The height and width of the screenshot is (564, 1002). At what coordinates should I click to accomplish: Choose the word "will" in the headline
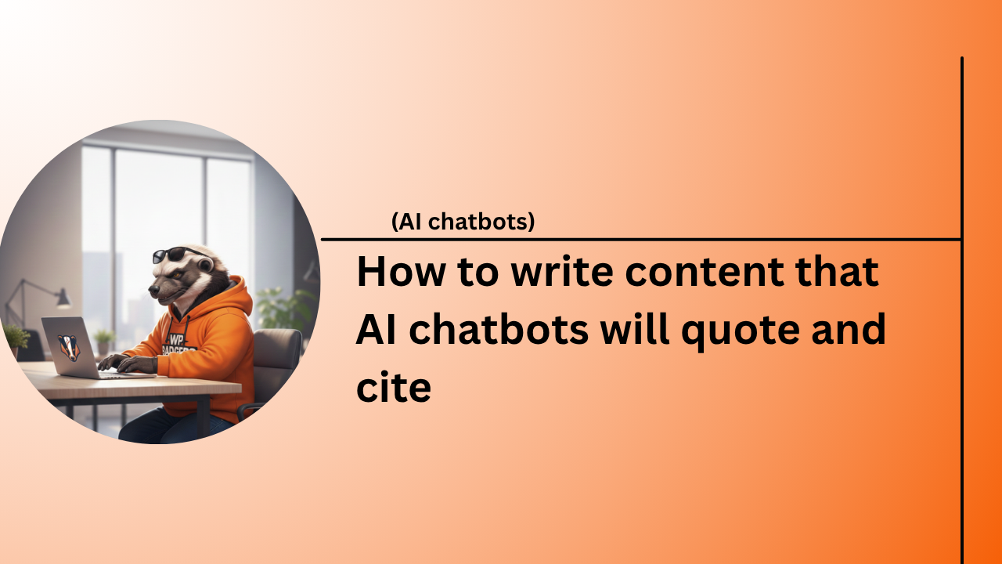[x=636, y=330]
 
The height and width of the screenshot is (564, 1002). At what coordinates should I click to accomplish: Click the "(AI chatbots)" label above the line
[x=463, y=222]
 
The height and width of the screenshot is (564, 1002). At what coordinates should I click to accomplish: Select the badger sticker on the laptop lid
[x=69, y=347]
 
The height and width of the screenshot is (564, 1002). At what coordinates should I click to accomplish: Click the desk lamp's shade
[x=63, y=298]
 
